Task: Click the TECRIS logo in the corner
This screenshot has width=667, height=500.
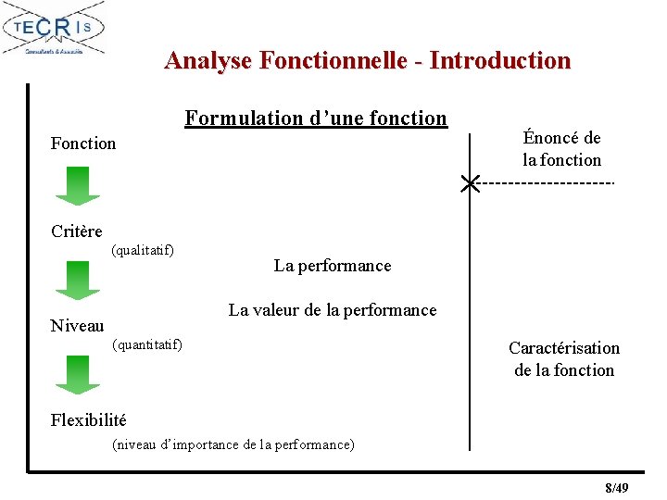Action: (54, 29)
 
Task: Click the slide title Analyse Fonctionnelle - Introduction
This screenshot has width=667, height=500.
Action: (367, 61)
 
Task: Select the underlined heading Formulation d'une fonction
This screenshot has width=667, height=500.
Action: (316, 119)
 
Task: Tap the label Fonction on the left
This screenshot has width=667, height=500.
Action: (83, 144)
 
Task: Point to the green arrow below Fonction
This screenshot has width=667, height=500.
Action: (78, 184)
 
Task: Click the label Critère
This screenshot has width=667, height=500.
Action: (77, 231)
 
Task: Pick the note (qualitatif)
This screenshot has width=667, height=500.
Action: (143, 250)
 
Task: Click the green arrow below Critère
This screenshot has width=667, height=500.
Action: (78, 280)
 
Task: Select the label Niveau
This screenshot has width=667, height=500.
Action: (78, 325)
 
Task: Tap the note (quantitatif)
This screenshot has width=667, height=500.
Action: (146, 345)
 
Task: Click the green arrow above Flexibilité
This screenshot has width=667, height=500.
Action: (78, 375)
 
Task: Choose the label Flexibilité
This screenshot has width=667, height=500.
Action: (89, 420)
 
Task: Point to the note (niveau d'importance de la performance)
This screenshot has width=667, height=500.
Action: (233, 444)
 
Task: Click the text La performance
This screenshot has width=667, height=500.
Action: (333, 266)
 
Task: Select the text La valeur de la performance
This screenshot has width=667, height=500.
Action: (333, 310)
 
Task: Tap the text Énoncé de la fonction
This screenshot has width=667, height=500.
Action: (561, 149)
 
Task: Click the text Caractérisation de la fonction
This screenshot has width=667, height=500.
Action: (564, 359)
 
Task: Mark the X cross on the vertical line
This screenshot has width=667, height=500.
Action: (471, 183)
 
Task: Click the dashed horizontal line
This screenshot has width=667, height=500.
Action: (547, 183)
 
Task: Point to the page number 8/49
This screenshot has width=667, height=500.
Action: (616, 488)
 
